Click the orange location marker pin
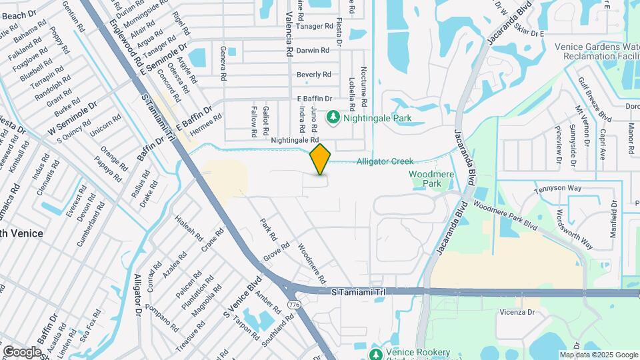pos(320,159)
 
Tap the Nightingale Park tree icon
pos(333,118)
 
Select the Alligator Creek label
pos(385,161)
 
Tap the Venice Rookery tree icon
pos(375,353)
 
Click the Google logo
pos(22,351)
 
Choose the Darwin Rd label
pos(313,50)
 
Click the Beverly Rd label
pos(313,74)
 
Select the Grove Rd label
pos(276,250)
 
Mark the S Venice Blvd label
pos(239,297)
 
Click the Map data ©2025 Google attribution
pos(597,355)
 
